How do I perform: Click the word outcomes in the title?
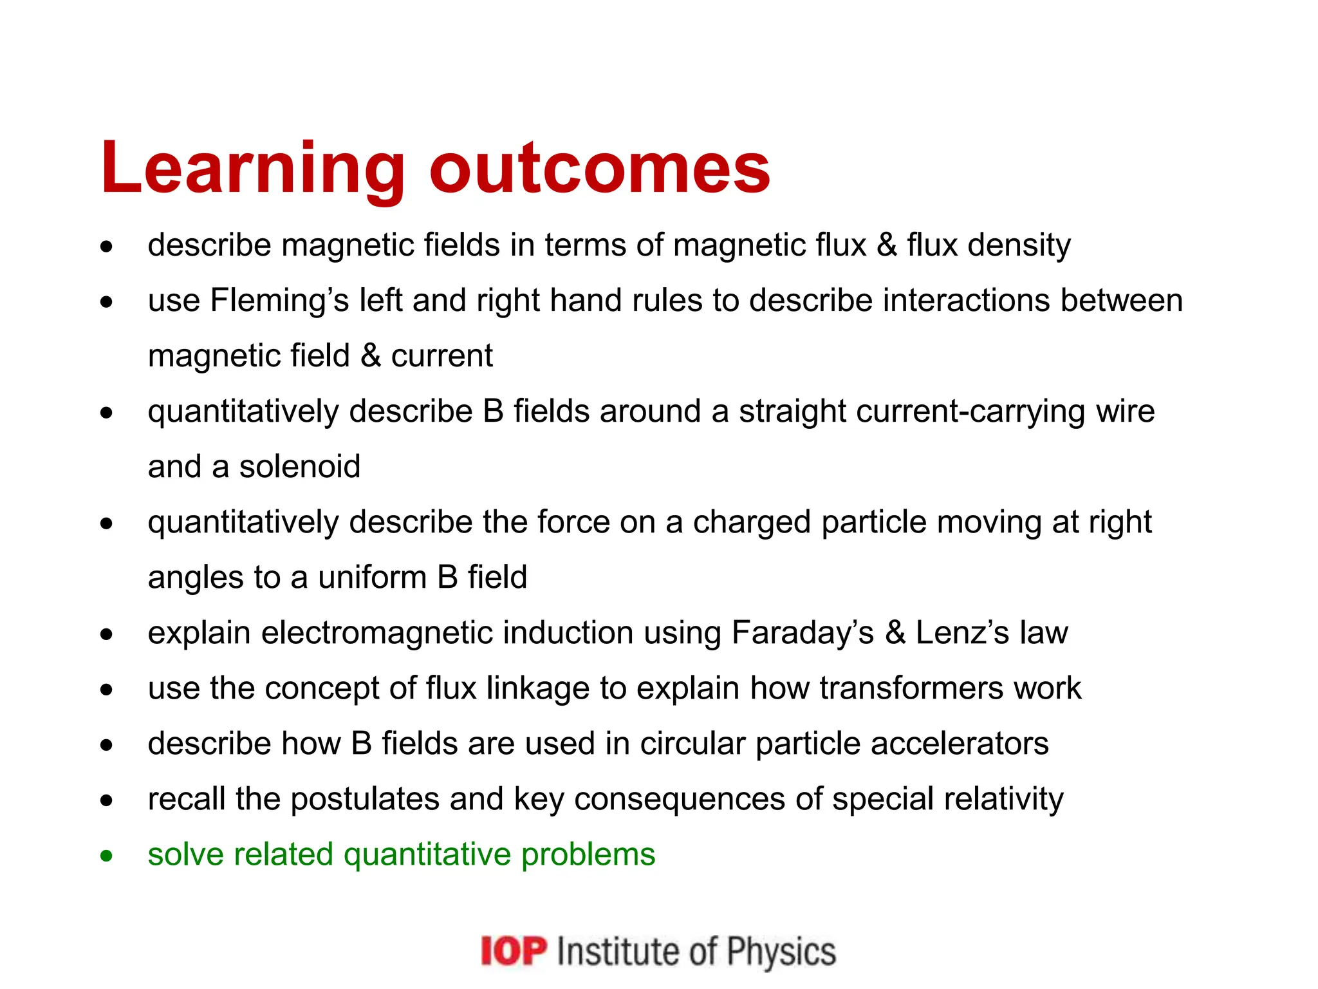(599, 169)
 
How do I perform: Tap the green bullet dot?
(107, 856)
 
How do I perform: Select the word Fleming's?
(279, 301)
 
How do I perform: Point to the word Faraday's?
(803, 633)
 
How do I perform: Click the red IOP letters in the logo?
(514, 952)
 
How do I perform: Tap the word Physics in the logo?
(781, 952)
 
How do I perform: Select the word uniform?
(372, 578)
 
